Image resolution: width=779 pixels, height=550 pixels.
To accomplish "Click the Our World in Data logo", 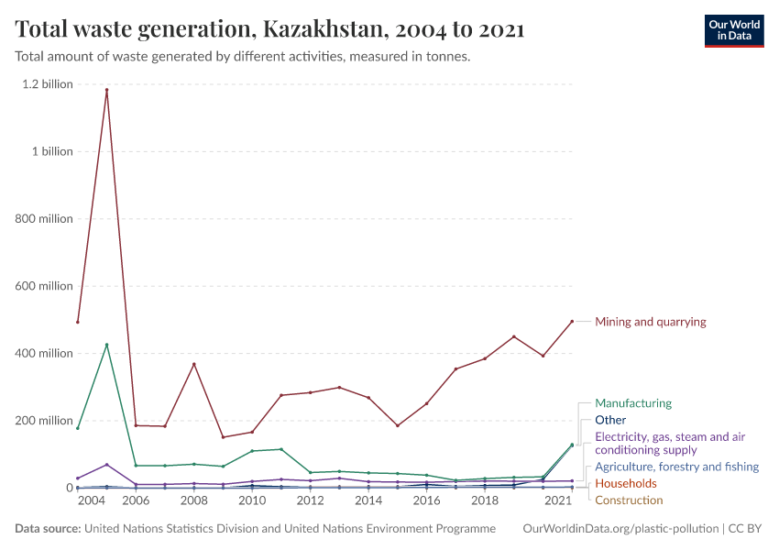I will point(733,30).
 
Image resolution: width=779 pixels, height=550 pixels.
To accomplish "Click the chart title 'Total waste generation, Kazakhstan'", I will point(269,29).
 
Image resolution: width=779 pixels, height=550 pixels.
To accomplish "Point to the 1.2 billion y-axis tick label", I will point(48,84).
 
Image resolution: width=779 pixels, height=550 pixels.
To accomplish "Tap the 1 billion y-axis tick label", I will point(52,151).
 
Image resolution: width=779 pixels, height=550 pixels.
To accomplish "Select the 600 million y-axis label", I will point(43,286).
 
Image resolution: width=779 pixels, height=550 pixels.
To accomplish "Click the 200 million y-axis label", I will point(43,421).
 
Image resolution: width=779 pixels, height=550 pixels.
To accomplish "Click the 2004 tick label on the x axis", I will point(91,501).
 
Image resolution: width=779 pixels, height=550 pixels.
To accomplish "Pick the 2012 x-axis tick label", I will point(310,501).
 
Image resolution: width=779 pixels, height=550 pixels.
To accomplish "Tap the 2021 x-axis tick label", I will point(557,501).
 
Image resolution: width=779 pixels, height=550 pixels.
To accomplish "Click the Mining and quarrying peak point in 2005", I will point(106,90).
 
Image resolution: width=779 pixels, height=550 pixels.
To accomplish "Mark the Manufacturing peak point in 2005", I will point(106,345).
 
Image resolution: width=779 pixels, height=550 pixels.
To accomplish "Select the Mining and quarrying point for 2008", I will point(193,364).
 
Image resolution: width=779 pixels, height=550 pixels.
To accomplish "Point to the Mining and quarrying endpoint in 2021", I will point(572,322).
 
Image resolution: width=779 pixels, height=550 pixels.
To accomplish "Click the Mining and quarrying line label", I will point(650,322).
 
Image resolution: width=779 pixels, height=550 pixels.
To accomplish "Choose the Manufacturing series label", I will point(632,403).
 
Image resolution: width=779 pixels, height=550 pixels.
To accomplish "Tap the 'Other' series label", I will point(610,420).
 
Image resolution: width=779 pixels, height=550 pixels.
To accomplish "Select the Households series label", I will point(625,483).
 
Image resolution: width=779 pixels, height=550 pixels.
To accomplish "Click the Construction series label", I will point(629,500).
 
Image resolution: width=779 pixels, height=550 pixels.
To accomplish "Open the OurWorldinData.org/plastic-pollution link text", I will point(620,529).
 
